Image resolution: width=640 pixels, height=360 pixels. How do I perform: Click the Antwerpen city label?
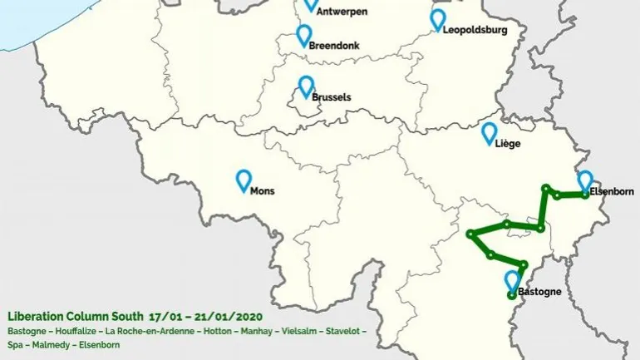tap(343, 12)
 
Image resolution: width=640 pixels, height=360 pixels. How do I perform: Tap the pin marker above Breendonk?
tap(304, 35)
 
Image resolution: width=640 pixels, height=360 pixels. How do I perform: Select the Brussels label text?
tap(331, 97)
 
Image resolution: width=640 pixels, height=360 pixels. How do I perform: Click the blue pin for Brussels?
tap(306, 86)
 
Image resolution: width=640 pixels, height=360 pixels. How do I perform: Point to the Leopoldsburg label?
tap(475, 30)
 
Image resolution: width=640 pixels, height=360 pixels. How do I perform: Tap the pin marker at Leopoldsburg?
tap(438, 20)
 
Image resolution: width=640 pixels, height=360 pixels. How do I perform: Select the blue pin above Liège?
tap(490, 133)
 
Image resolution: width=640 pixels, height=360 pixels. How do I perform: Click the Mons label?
tap(262, 190)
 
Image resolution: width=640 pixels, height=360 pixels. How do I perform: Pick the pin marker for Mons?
tap(244, 180)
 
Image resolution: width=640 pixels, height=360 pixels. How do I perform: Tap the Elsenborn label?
tap(611, 191)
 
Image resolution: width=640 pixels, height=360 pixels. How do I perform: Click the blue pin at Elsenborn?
tap(585, 180)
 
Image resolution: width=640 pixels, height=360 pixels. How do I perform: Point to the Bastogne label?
tap(539, 292)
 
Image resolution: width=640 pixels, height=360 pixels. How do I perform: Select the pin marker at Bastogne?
tap(512, 281)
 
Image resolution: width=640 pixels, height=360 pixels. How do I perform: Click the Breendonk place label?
tap(334, 47)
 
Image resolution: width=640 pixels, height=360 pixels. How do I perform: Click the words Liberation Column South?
tap(75, 317)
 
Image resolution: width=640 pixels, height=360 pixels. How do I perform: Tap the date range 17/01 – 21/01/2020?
tap(205, 317)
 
